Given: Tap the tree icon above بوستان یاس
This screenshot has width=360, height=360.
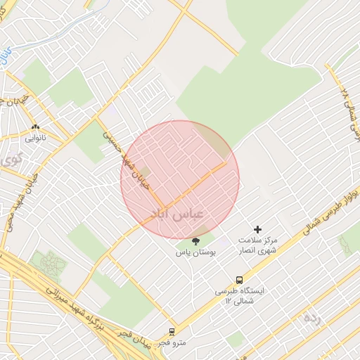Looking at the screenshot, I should [x=195, y=240].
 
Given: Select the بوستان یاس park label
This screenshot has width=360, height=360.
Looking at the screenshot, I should [x=195, y=251].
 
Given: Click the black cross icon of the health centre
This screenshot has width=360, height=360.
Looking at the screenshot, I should [x=257, y=229].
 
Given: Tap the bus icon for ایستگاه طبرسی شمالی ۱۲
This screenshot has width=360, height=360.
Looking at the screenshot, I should [x=239, y=279].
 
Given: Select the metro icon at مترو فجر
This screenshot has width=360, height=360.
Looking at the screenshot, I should [x=172, y=332].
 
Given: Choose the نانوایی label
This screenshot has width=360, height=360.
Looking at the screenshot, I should [x=35, y=138].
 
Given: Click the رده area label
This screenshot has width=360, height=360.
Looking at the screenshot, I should [x=311, y=317].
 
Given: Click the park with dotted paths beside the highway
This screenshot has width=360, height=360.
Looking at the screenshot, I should [x=48, y=266].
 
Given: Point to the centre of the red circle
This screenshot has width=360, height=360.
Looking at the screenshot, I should [x=180, y=180].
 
